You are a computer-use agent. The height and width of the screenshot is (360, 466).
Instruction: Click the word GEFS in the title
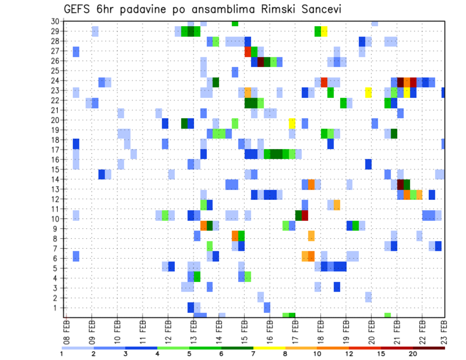pyautogui.click(x=78, y=10)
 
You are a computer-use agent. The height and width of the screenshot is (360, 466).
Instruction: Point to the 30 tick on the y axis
pyautogui.click(x=55, y=21)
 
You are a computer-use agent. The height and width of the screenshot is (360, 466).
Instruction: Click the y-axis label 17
pyautogui.click(x=55, y=150)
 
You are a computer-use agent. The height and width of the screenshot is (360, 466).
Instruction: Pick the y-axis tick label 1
pyautogui.click(x=56, y=308)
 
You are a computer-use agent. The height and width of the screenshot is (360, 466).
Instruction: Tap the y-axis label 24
pyautogui.click(x=55, y=80)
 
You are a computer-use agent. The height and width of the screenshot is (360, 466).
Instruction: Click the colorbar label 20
pyautogui.click(x=413, y=354)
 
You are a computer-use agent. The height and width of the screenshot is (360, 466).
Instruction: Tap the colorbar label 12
pyautogui.click(x=349, y=354)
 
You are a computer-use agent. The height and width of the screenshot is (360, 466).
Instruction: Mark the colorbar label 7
pyautogui.click(x=253, y=354)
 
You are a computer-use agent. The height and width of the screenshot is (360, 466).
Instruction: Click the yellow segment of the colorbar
pyautogui.click(x=269, y=348)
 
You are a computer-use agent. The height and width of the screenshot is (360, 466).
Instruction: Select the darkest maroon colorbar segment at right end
pyautogui.click(x=429, y=348)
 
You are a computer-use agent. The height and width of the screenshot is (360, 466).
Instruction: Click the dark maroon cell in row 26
pyautogui.click(x=261, y=62)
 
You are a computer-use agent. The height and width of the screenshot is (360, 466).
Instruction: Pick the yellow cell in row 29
pyautogui.click(x=324, y=32)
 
